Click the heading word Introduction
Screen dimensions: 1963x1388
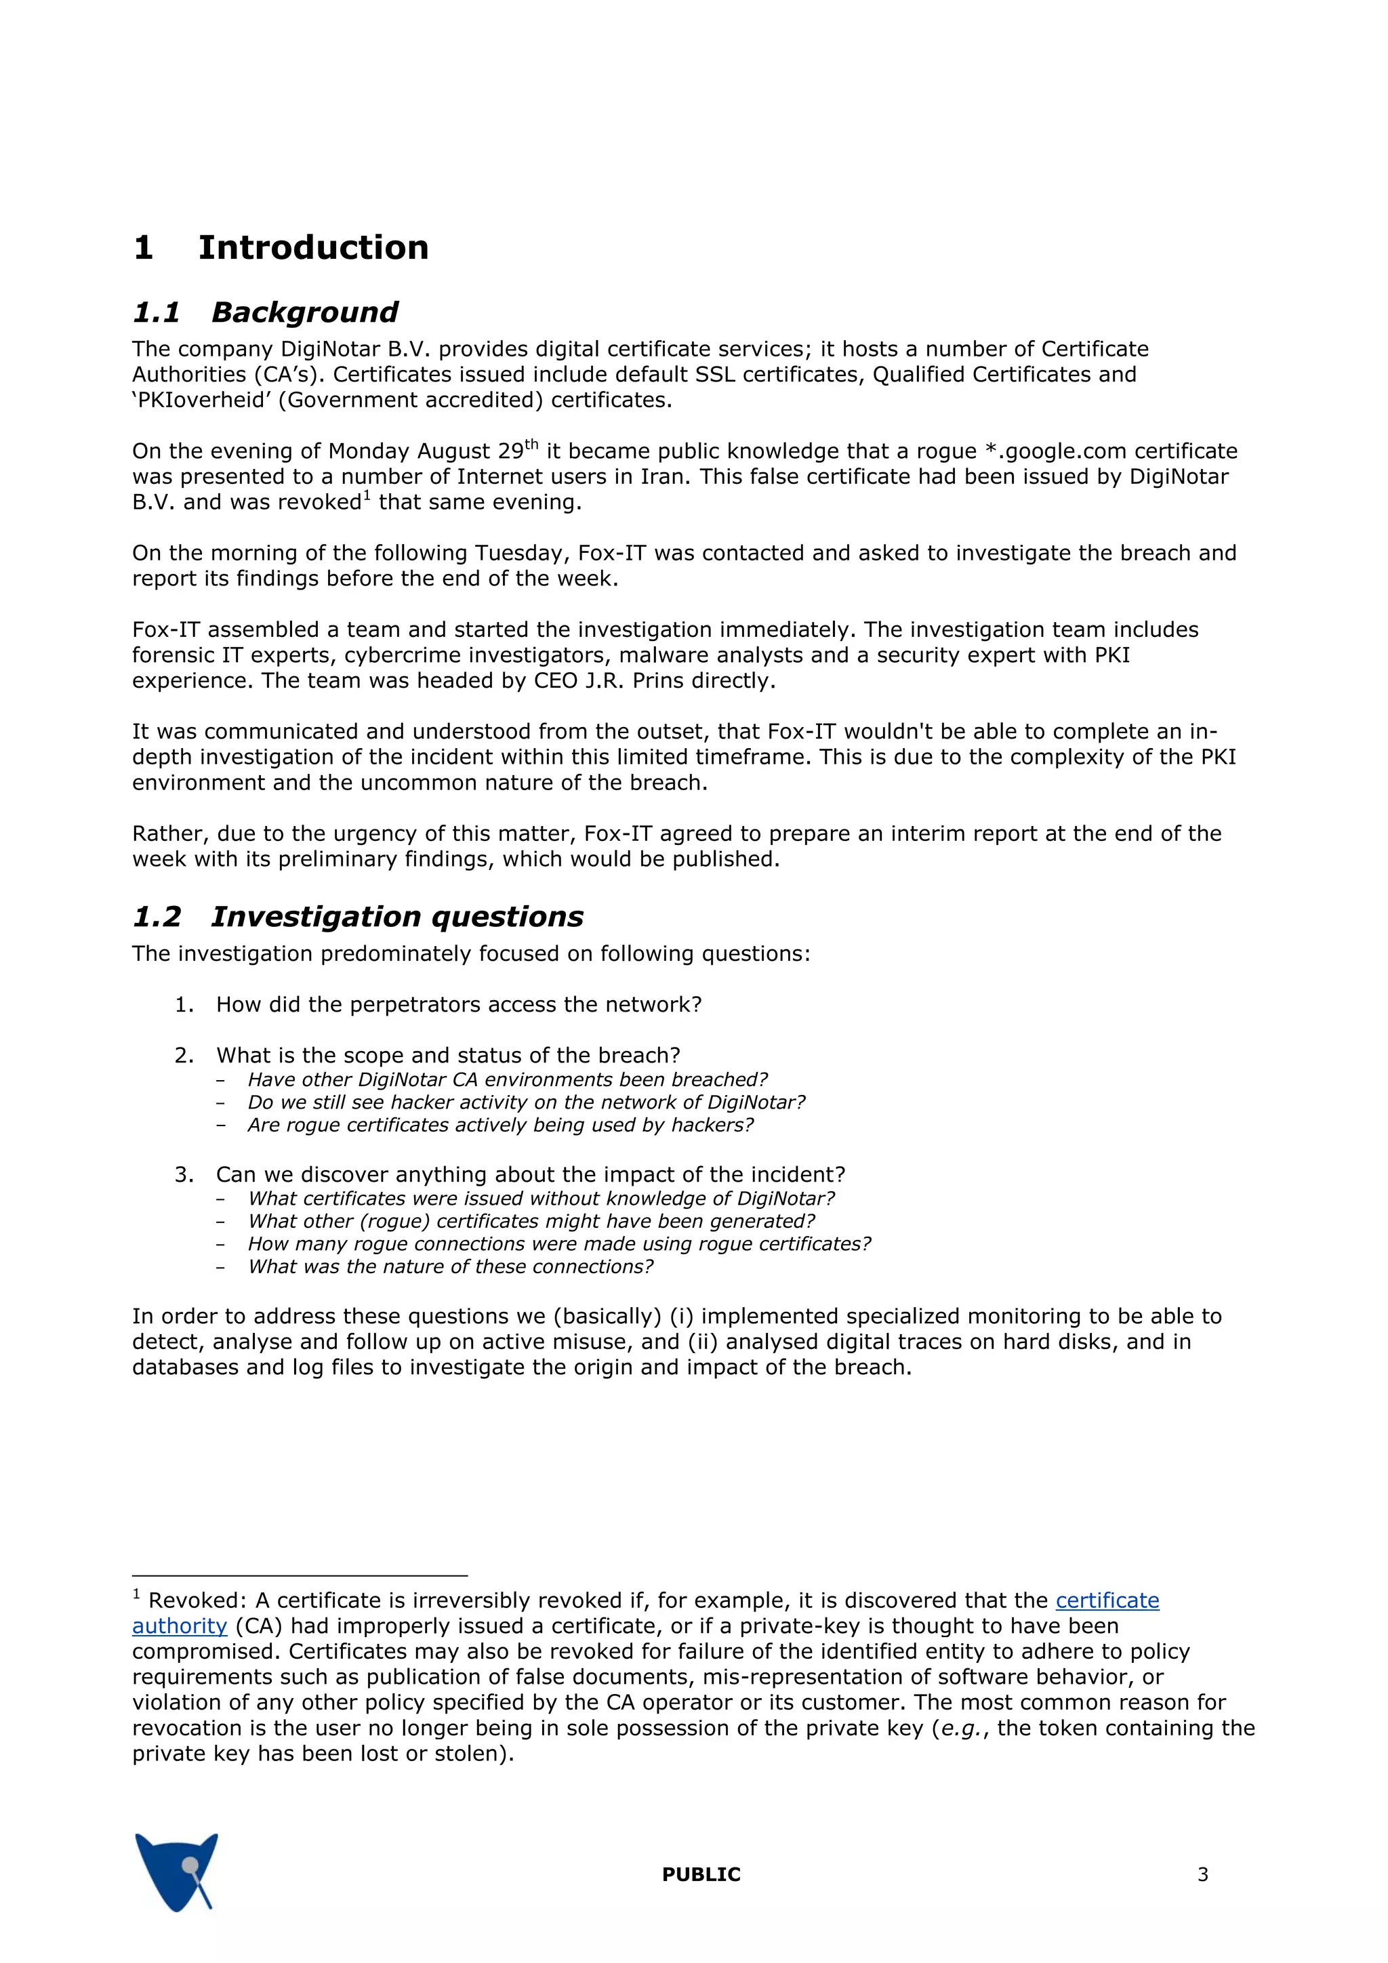pyautogui.click(x=313, y=248)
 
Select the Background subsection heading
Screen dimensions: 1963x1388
pyautogui.click(x=304, y=312)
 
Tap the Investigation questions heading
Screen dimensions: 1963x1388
pyautogui.click(x=397, y=917)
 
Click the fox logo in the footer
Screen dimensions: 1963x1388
pyautogui.click(x=177, y=1872)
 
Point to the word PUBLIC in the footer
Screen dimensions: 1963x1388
pyautogui.click(x=700, y=1874)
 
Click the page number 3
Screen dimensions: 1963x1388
pyautogui.click(x=1202, y=1874)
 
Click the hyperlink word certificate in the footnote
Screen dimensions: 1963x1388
pyautogui.click(x=1107, y=1600)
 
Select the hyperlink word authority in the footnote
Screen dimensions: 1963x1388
pyautogui.click(x=180, y=1626)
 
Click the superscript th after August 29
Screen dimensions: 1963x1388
pyautogui.click(x=531, y=444)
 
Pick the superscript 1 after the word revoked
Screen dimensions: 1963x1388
pyautogui.click(x=366, y=495)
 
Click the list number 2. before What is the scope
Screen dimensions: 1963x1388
pyautogui.click(x=184, y=1055)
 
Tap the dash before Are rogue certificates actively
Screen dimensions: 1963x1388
pyautogui.click(x=221, y=1125)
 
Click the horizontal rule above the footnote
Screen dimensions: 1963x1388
pyautogui.click(x=300, y=1575)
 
